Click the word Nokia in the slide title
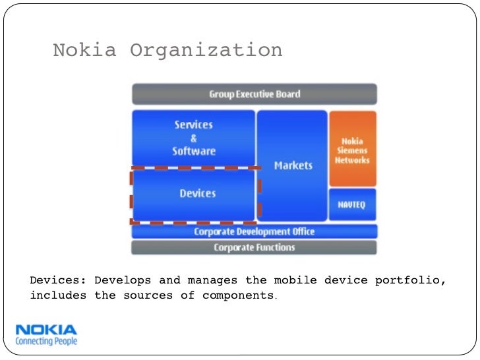point(84,50)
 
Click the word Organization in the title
point(206,51)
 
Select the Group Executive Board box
point(255,94)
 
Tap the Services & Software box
point(194,138)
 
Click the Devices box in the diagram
point(197,194)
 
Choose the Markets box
point(293,165)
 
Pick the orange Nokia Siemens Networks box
point(352,150)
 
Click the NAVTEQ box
point(352,204)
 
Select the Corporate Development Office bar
point(255,231)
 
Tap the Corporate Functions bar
point(255,248)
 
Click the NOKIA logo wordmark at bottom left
point(45,330)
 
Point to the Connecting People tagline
point(45,342)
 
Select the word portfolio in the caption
point(410,281)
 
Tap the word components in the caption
point(237,295)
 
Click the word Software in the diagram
point(194,151)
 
